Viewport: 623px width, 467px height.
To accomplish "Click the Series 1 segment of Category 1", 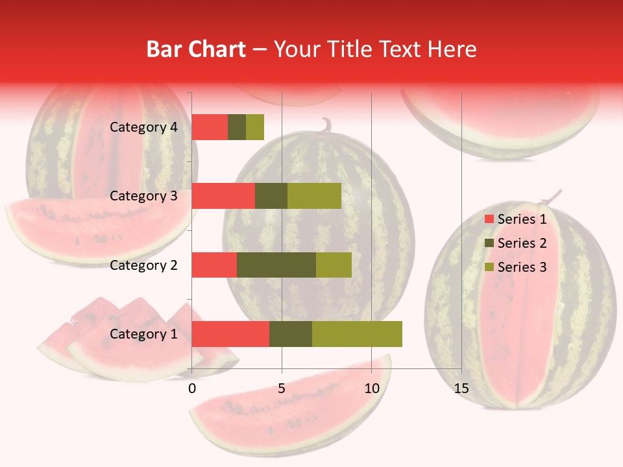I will click(x=230, y=333).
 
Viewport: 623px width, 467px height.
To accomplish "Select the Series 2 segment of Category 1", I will click(x=291, y=333).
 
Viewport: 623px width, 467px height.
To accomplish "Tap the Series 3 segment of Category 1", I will click(x=357, y=333).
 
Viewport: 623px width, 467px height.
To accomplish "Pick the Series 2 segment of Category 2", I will click(x=276, y=265).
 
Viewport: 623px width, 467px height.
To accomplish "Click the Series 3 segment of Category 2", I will click(x=334, y=265).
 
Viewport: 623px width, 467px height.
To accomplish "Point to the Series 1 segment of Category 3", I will click(x=223, y=196).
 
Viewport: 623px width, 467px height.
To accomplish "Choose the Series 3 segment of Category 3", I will click(x=314, y=196).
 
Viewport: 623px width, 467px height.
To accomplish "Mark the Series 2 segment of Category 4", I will click(x=237, y=127).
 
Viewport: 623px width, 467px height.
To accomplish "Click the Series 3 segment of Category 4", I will click(x=255, y=127).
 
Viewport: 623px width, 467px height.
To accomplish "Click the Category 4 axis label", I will click(x=143, y=127).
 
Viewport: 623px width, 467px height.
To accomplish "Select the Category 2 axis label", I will click(x=143, y=265).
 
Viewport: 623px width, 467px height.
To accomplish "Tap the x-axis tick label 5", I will click(x=282, y=389).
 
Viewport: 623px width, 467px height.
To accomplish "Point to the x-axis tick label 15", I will click(x=461, y=389).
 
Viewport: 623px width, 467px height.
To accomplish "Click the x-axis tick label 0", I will click(x=192, y=389).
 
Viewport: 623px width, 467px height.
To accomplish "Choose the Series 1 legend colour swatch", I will click(x=489, y=219).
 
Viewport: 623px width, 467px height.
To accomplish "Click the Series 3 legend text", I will click(x=522, y=267).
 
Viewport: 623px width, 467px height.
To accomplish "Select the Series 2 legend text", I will click(x=522, y=243).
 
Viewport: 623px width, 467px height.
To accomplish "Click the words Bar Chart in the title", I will click(x=196, y=49).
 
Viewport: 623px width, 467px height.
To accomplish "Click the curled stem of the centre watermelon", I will click(x=326, y=124).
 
